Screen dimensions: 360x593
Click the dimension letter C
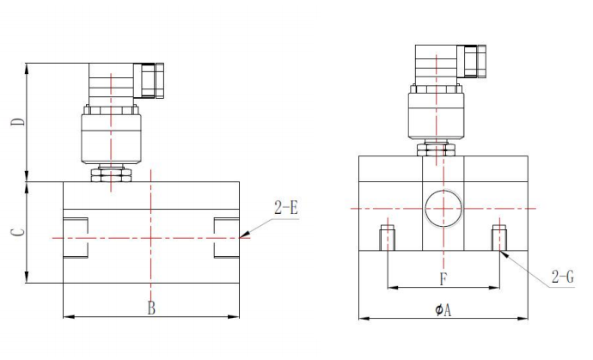coord(16,231)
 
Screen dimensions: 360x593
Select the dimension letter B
coord(150,307)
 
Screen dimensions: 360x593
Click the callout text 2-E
coord(285,208)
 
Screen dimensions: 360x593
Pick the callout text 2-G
coord(563,277)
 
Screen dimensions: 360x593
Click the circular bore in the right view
coord(444,209)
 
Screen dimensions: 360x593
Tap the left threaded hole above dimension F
coord(388,236)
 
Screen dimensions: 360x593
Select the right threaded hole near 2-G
coord(499,236)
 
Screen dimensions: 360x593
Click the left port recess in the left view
coord(76,237)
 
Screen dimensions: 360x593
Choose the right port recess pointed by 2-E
coord(226,237)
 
